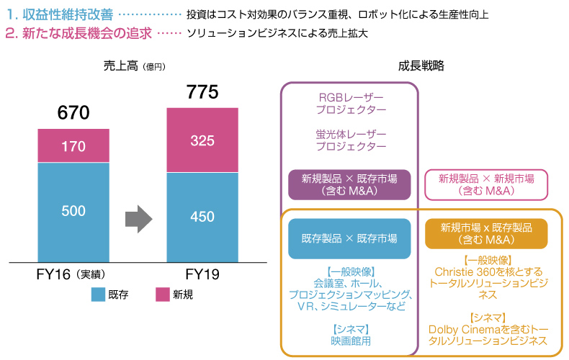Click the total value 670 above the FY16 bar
pyautogui.click(x=73, y=113)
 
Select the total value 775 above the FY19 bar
pyautogui.click(x=202, y=91)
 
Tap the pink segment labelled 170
pyautogui.click(x=73, y=146)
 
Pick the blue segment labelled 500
pyautogui.click(x=73, y=211)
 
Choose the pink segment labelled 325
pyautogui.click(x=202, y=140)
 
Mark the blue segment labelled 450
pyautogui.click(x=202, y=217)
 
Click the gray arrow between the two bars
pyautogui.click(x=138, y=215)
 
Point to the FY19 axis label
pyautogui.click(x=202, y=275)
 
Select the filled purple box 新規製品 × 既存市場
pyautogui.click(x=349, y=184)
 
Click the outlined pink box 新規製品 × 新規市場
pyautogui.click(x=486, y=184)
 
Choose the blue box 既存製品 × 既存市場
pyautogui.click(x=349, y=238)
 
